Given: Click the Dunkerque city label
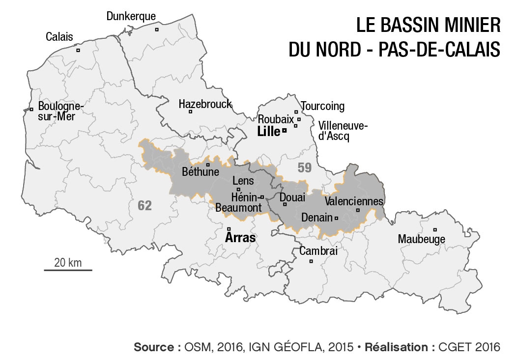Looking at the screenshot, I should pos(131,17).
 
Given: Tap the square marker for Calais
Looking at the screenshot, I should pos(78,50).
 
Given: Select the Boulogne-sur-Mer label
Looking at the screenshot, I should pos(61,111).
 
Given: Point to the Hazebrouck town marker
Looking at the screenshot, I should pos(190,111).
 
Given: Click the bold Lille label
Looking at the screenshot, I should pos(268,131).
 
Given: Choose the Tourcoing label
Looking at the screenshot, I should pos(323,107).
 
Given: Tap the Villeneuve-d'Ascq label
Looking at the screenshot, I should pos(343,131).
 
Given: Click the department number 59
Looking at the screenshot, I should pos(304,168).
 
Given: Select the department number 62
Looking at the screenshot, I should pos(144,206).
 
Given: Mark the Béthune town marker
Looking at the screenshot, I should pos(208,165).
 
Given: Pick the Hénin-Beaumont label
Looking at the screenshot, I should pos(239,203).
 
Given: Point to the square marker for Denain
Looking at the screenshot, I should pos(336,218).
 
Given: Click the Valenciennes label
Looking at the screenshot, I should pos(354,201).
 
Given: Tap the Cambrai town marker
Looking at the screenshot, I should pos(311,261).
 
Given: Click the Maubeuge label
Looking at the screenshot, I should pos(422,239).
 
